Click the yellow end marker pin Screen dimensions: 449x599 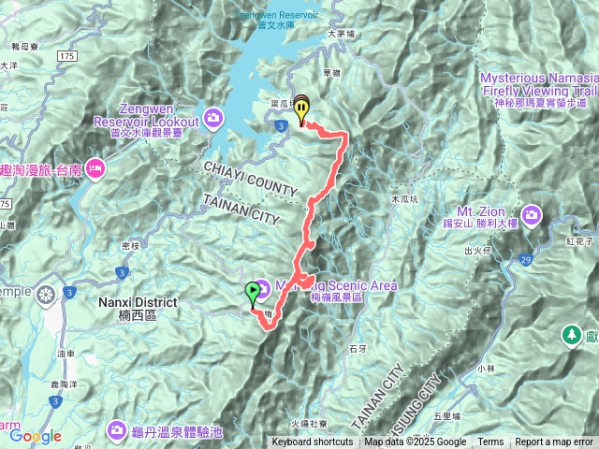301,111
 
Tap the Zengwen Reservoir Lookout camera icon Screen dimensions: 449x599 214,117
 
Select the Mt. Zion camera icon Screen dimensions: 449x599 533,216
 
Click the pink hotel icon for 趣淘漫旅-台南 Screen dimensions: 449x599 95,168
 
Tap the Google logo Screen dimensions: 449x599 36,436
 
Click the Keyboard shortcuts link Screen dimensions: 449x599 313,442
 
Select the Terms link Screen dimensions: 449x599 490,442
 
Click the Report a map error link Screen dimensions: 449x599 555,442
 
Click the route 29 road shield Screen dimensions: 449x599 526,258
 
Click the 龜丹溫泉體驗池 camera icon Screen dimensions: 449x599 116,429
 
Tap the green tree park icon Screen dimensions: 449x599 570,334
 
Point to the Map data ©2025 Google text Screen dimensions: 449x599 416,442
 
